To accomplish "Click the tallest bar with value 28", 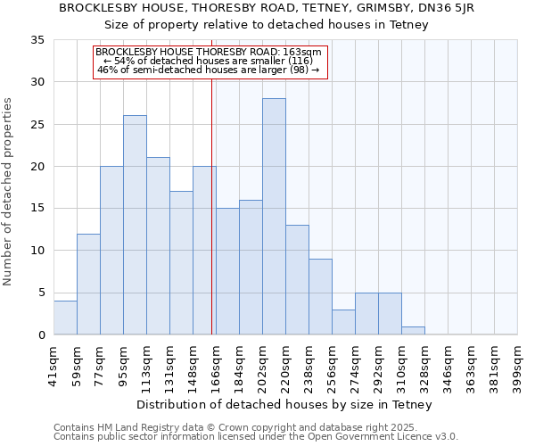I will tap(274, 217).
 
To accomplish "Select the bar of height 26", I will tap(135, 225).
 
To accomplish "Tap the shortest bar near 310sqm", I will tap(413, 331).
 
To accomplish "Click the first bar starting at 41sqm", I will tap(65, 318).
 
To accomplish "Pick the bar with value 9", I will tap(320, 297).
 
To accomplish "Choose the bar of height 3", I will tap(343, 322).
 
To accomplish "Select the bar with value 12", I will tap(88, 285).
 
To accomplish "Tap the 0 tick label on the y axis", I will tap(40, 335).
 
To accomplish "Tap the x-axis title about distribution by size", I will tap(285, 404).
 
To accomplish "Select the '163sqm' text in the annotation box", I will tap(316, 53).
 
